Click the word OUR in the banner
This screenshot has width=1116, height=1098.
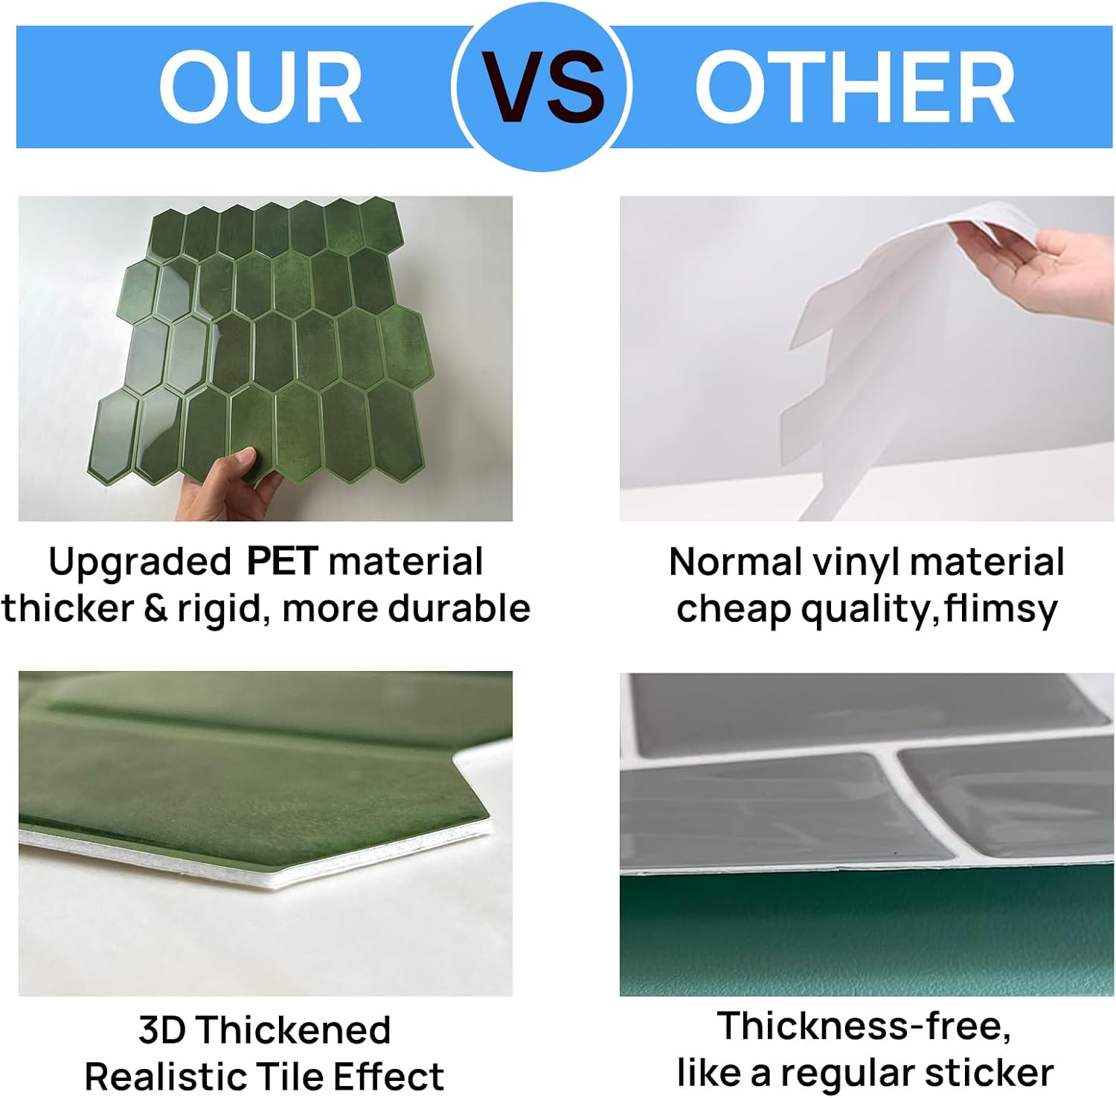tap(260, 88)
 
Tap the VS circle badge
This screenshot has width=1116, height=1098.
tap(542, 86)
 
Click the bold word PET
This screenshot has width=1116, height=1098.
tap(282, 561)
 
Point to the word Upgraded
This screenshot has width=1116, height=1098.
tap(140, 562)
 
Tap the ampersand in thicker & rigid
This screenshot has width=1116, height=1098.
tap(155, 609)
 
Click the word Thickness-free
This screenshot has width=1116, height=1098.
tap(864, 1026)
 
